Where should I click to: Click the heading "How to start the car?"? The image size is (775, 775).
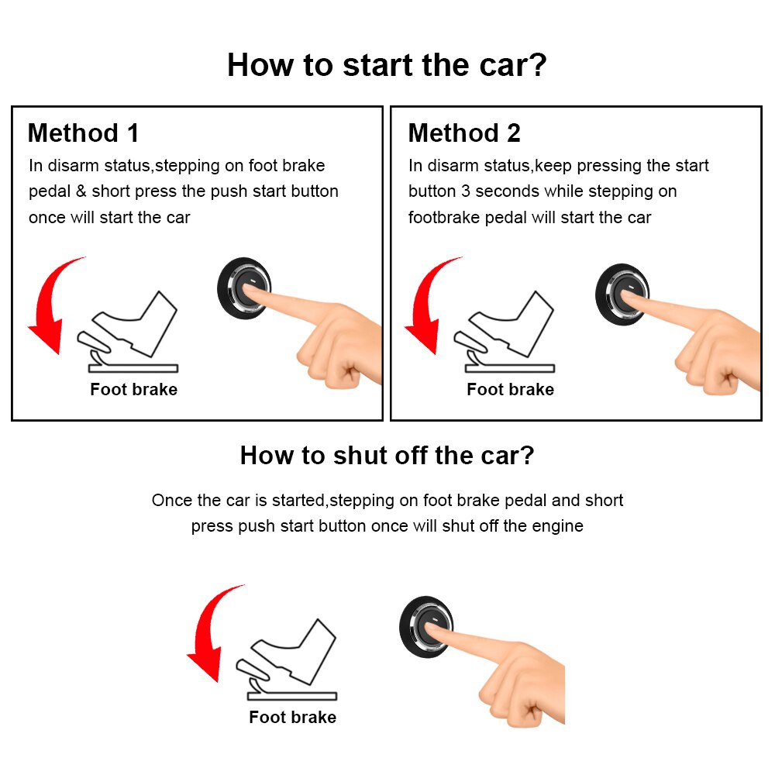click(x=387, y=64)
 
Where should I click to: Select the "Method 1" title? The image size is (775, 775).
click(x=83, y=133)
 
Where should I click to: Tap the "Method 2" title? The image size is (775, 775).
click(x=464, y=133)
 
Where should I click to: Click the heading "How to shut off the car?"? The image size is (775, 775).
click(x=387, y=455)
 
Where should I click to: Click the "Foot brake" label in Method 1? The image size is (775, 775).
click(x=133, y=390)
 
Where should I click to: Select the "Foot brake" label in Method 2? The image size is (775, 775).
click(x=510, y=390)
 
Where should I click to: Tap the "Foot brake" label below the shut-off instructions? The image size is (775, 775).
click(x=292, y=718)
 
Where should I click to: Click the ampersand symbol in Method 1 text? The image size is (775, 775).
click(x=81, y=191)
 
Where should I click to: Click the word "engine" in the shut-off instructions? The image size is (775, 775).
click(x=557, y=526)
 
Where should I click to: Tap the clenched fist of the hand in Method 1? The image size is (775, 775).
click(x=341, y=364)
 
